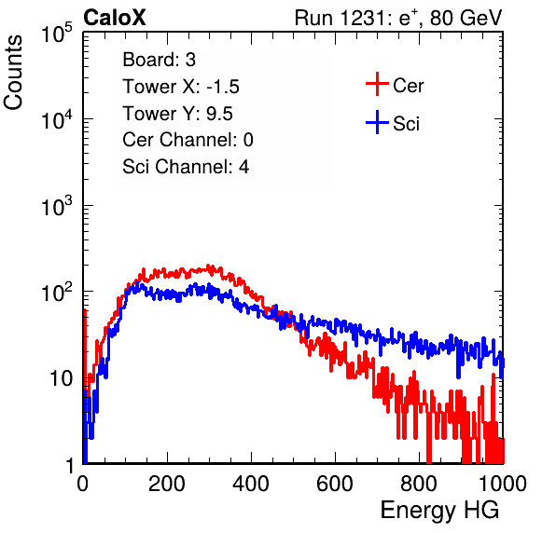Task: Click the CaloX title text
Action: pyautogui.click(x=115, y=18)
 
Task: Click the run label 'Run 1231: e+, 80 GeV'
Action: pyautogui.click(x=398, y=18)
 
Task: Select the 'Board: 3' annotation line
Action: pyautogui.click(x=159, y=60)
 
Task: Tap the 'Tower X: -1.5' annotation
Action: pyautogui.click(x=181, y=87)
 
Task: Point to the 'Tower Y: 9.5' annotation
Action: pyautogui.click(x=177, y=114)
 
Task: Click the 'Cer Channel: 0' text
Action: pyautogui.click(x=188, y=140)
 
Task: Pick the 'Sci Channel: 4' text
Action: pyautogui.click(x=186, y=167)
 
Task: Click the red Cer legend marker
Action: pyautogui.click(x=377, y=84)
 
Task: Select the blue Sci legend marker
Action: pyautogui.click(x=377, y=122)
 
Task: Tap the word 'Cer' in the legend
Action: pyautogui.click(x=408, y=86)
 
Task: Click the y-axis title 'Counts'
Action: pyautogui.click(x=13, y=73)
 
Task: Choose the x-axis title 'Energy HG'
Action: pyautogui.click(x=439, y=511)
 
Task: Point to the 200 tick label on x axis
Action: pyautogui.click(x=167, y=484)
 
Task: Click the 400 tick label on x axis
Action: pyautogui.click(x=251, y=484)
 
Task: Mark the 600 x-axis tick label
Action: pyautogui.click(x=335, y=484)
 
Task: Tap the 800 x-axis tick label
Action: pyautogui.click(x=419, y=484)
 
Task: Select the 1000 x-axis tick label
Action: pyautogui.click(x=503, y=484)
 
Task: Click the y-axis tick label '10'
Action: pyautogui.click(x=61, y=378)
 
